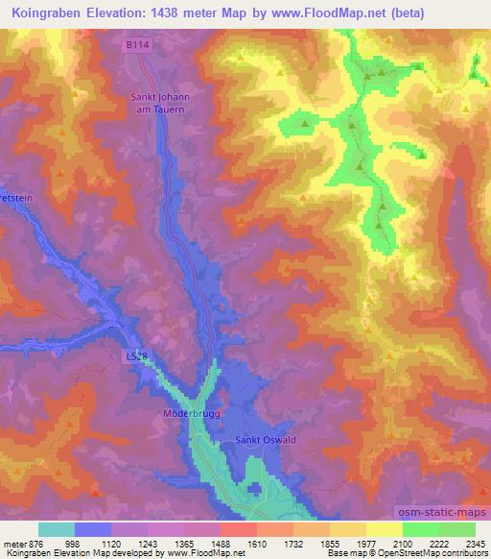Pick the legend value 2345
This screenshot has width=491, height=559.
[x=474, y=543]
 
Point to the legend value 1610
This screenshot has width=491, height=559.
[x=257, y=543]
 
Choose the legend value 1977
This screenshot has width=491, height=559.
[x=365, y=543]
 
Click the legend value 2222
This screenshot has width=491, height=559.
[x=438, y=543]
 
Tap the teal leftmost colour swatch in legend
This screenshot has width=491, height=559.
[x=57, y=529]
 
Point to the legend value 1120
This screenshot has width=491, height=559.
[x=111, y=543]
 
